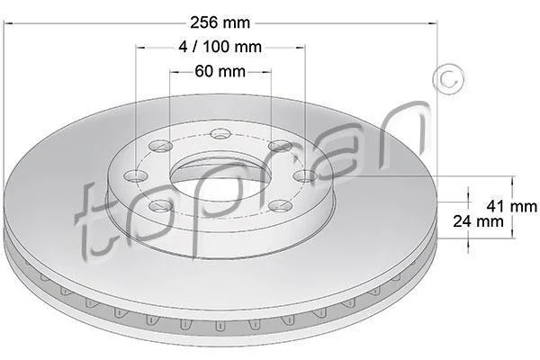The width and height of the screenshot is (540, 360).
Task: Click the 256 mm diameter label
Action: click(x=220, y=22)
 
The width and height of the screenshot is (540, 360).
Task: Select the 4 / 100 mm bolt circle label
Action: click(x=220, y=47)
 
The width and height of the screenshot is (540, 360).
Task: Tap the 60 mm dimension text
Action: click(x=220, y=71)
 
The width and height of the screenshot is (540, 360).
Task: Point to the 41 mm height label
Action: click(x=512, y=206)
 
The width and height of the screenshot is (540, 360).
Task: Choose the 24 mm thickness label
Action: click(x=478, y=220)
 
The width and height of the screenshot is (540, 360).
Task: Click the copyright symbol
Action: click(x=448, y=79)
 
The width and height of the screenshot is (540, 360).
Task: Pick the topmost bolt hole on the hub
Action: click(x=220, y=133)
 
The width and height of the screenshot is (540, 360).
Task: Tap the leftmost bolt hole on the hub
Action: click(x=136, y=176)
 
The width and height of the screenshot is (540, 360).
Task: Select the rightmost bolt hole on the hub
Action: click(x=305, y=176)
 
